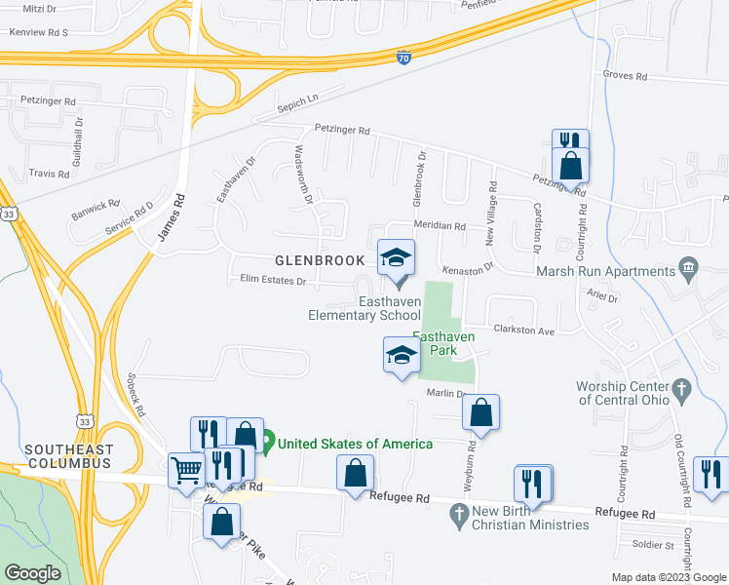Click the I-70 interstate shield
[x=403, y=58]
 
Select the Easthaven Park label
[x=443, y=343]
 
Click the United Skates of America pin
[x=266, y=444]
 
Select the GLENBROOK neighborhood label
[x=320, y=261]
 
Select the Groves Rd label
[x=625, y=75]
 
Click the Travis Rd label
[x=49, y=174]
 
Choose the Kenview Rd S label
[x=38, y=32]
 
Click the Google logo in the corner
[x=32, y=573]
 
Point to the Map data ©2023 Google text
[x=668, y=577]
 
